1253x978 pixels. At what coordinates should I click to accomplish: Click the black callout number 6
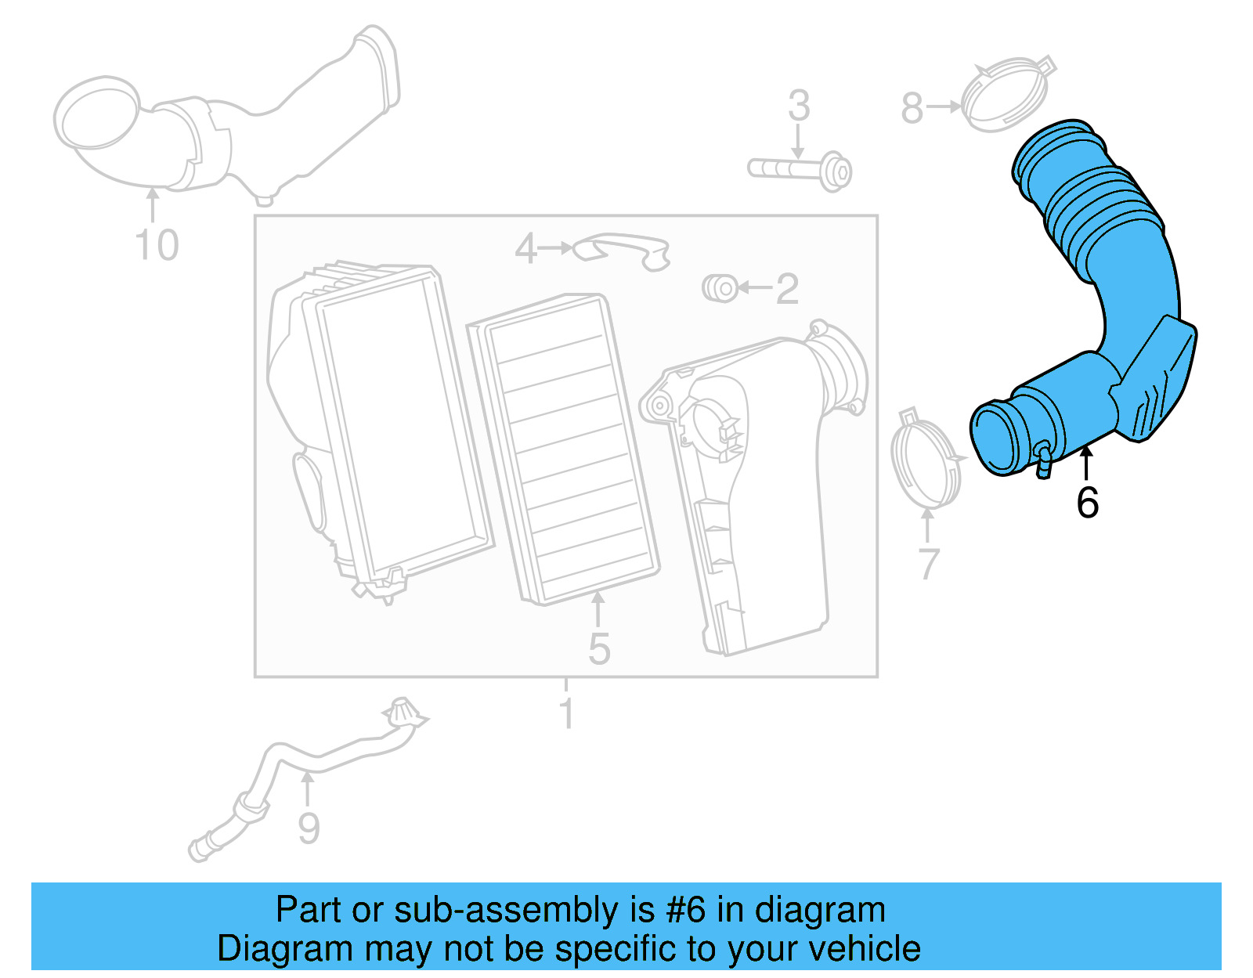[1087, 503]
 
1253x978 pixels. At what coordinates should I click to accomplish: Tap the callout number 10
[157, 246]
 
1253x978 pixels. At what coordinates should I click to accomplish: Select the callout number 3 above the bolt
[798, 106]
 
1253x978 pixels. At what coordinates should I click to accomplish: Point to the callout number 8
[912, 108]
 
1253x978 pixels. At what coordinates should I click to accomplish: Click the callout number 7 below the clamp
[928, 563]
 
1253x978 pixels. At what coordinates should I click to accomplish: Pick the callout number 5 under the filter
[599, 649]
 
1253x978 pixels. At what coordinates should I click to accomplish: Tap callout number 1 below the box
[566, 714]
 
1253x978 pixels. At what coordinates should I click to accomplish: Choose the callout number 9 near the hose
[309, 828]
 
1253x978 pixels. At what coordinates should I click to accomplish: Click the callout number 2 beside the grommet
[787, 289]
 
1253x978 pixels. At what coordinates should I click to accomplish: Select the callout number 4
[526, 249]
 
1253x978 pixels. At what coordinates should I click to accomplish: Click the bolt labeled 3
[799, 169]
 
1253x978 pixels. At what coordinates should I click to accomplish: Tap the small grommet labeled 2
[720, 288]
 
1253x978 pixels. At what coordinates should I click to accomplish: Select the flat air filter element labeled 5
[564, 450]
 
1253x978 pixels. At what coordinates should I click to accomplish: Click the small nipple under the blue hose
[1043, 464]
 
